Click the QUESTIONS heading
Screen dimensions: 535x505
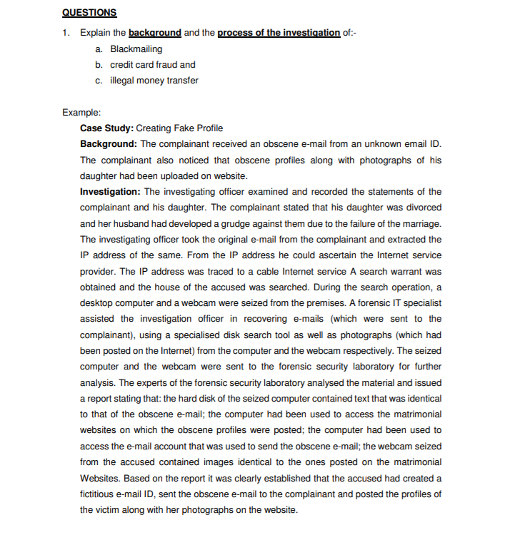pyautogui.click(x=89, y=13)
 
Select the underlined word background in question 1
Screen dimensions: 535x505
pyautogui.click(x=155, y=34)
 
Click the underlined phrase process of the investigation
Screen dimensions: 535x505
pyautogui.click(x=279, y=34)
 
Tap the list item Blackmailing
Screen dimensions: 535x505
pyautogui.click(x=136, y=49)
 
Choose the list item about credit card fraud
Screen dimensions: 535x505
pyautogui.click(x=152, y=65)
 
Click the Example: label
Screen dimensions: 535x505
pyautogui.click(x=81, y=113)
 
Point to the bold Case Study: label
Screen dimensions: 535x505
pyautogui.click(x=106, y=128)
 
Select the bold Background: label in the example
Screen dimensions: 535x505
pyautogui.click(x=109, y=144)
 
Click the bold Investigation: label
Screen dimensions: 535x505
pyautogui.click(x=111, y=192)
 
